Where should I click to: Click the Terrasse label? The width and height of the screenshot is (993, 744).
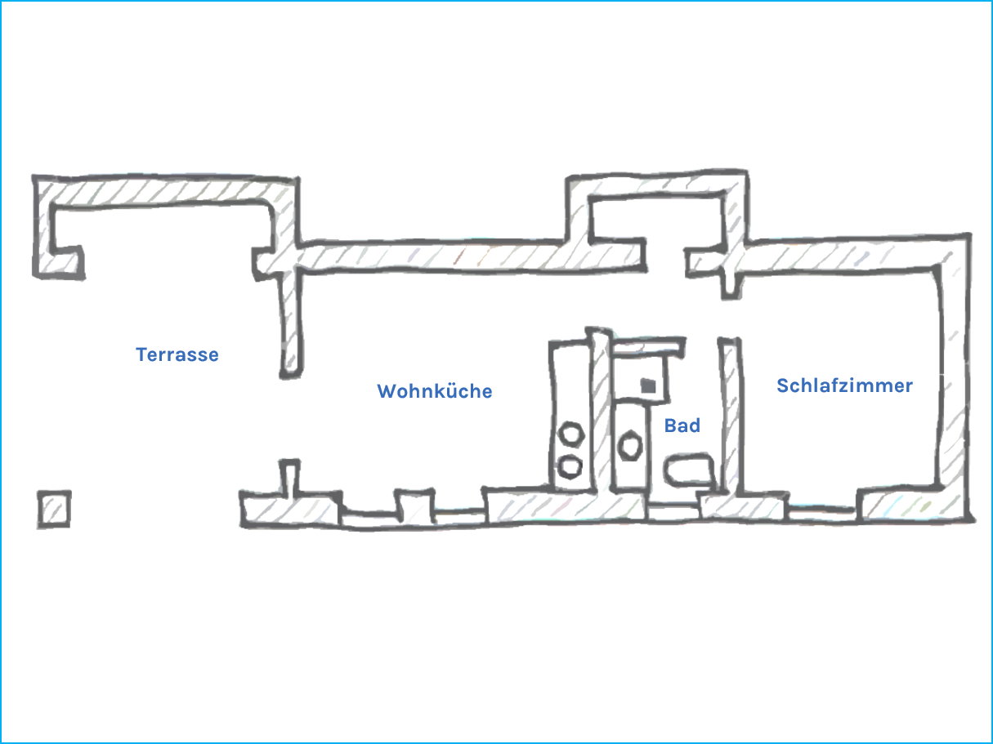point(177,354)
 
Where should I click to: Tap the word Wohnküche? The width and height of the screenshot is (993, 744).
point(435,391)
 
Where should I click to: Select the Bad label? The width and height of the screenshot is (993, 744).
point(682,425)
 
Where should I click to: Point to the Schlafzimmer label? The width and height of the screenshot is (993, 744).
point(844,385)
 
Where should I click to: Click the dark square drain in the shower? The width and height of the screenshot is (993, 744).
point(648,386)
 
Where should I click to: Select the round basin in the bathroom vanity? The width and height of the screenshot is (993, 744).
point(630,446)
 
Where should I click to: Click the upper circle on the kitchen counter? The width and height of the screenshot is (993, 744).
point(571,434)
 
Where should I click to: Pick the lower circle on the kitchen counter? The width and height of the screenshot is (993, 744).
point(570,466)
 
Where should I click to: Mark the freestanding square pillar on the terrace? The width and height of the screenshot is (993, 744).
point(54,509)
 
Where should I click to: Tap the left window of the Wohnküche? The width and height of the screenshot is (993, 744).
point(369,518)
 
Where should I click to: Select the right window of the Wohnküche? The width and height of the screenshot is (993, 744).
point(460,516)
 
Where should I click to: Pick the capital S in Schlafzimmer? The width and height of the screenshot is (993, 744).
point(783,385)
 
